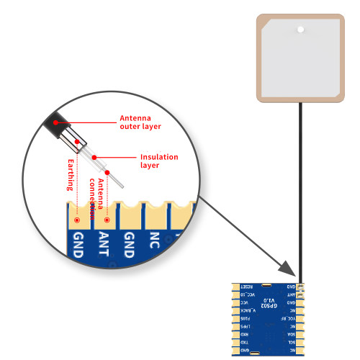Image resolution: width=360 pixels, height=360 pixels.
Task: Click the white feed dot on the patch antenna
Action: (x=299, y=30)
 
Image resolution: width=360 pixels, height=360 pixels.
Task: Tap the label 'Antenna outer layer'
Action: (x=140, y=122)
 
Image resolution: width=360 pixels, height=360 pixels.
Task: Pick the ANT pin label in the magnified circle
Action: (x=104, y=243)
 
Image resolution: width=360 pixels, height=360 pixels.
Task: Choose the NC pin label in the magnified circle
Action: (x=154, y=241)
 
